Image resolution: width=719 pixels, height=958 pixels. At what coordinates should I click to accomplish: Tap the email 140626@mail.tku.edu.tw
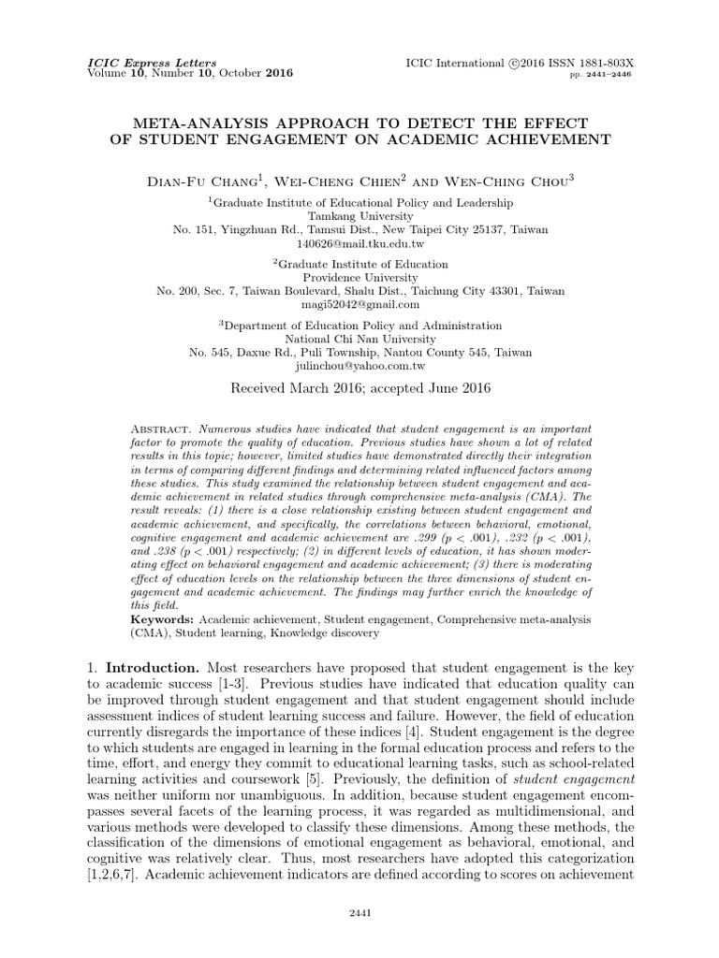(x=359, y=243)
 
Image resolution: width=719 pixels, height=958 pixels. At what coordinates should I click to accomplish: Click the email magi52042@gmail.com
(x=359, y=304)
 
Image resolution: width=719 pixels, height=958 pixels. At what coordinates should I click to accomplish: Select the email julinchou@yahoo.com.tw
(x=359, y=366)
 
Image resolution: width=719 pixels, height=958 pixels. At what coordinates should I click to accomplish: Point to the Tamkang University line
(x=359, y=215)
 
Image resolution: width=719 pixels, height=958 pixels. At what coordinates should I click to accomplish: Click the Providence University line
(x=359, y=277)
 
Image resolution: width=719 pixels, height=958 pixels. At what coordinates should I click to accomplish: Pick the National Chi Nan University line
(x=359, y=339)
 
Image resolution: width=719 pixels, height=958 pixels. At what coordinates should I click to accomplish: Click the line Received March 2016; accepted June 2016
(x=359, y=386)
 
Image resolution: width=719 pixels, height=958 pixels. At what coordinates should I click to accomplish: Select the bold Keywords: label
(x=160, y=619)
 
